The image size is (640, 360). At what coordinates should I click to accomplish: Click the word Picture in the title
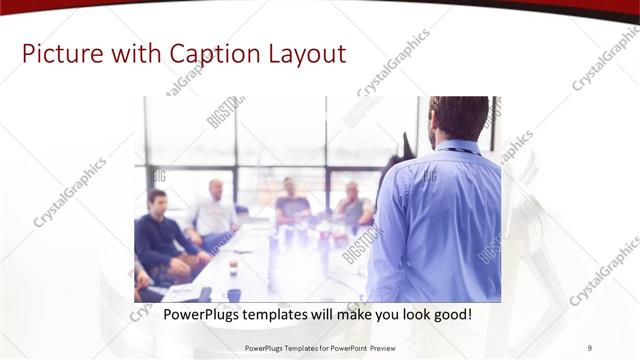(x=59, y=52)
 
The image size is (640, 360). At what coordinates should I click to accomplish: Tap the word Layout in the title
(x=299, y=52)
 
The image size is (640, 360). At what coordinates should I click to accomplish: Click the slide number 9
(x=590, y=348)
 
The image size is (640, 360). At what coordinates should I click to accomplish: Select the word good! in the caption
(x=451, y=315)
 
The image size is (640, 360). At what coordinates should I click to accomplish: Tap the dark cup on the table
(x=234, y=294)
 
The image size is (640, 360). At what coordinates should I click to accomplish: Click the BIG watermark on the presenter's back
(x=429, y=177)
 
